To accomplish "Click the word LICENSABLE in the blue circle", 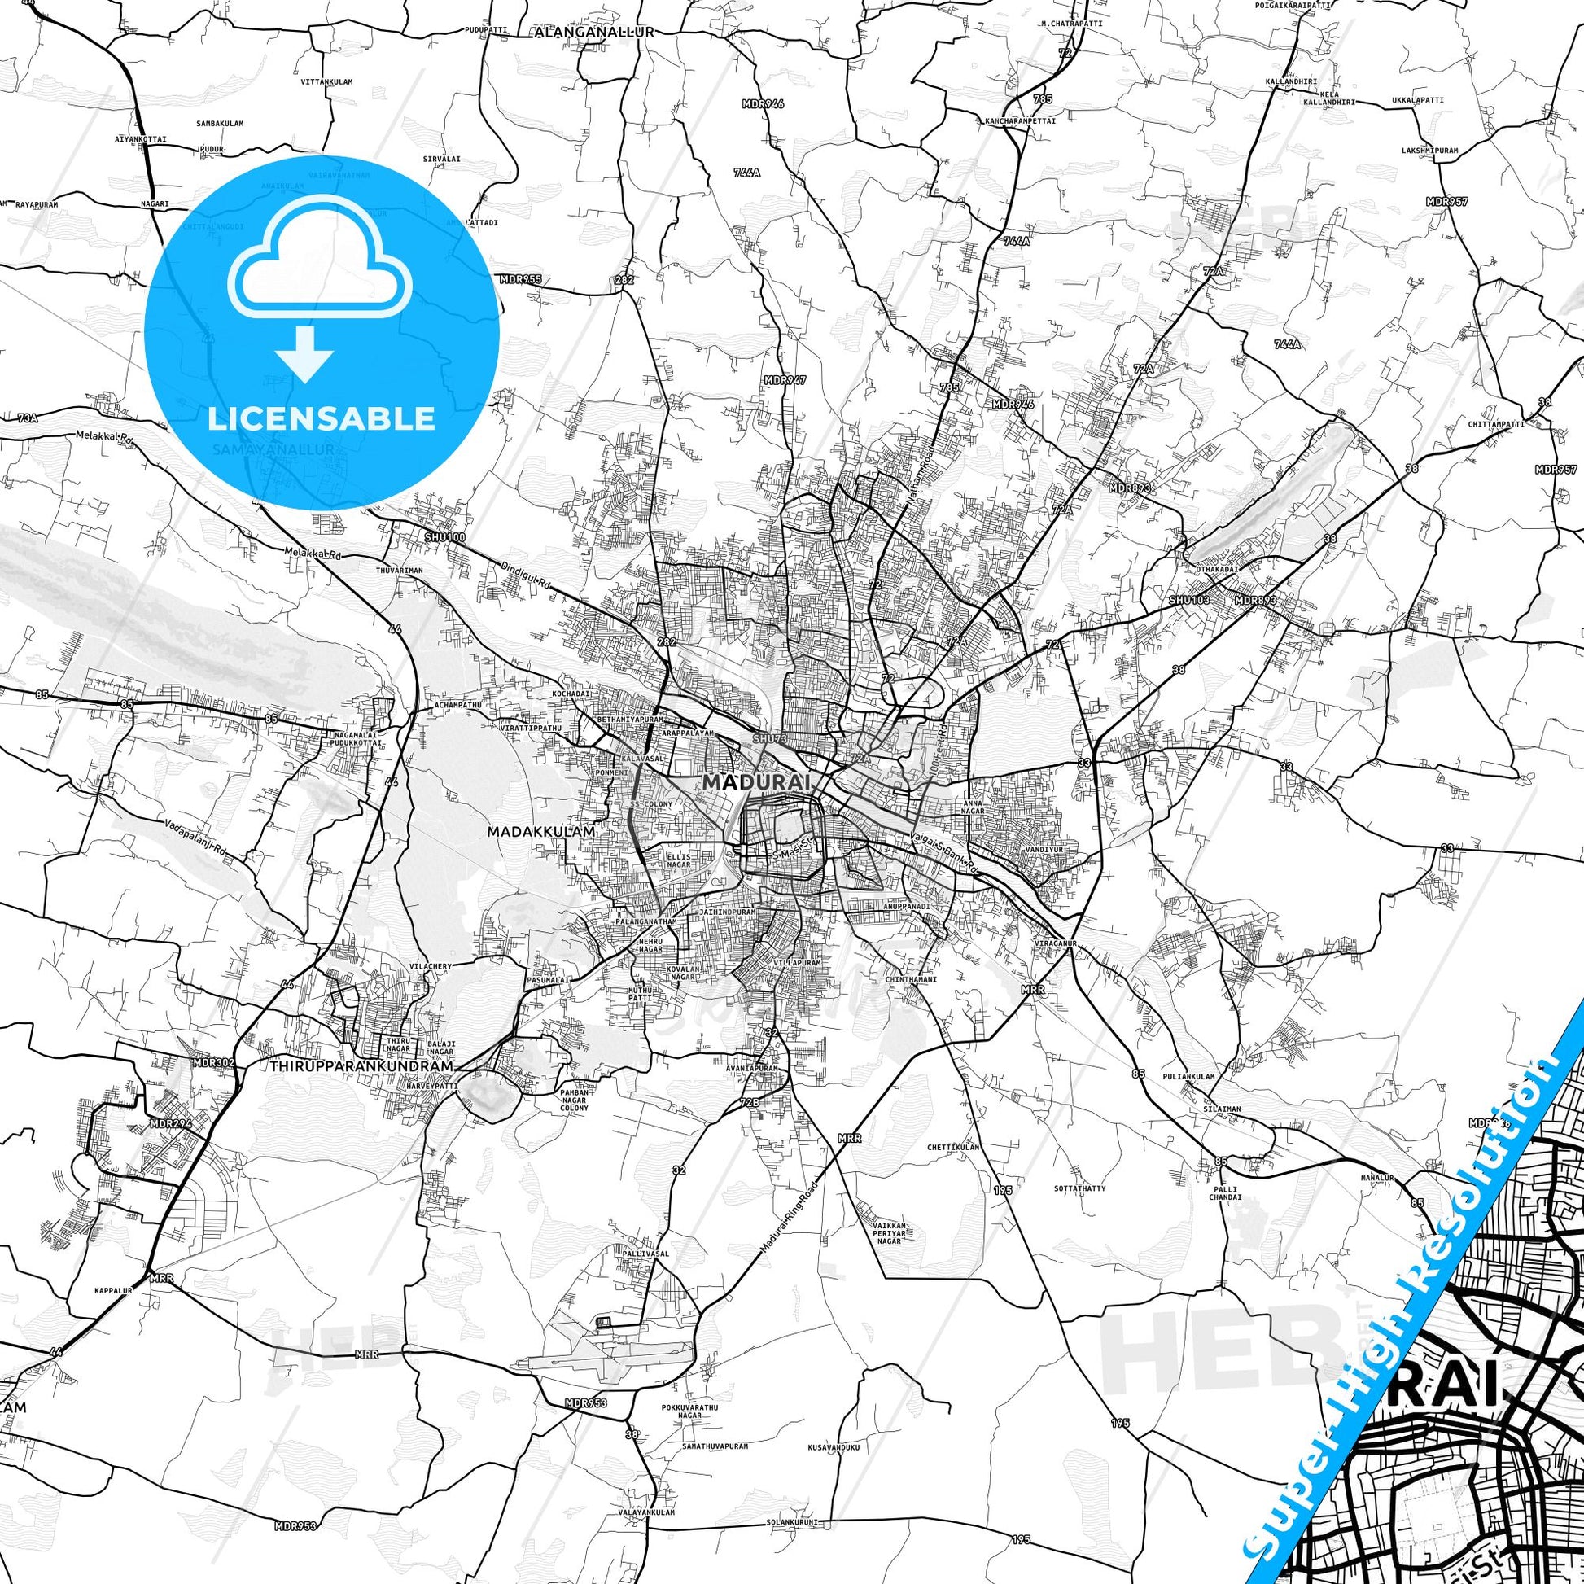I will pyautogui.click(x=322, y=418).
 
